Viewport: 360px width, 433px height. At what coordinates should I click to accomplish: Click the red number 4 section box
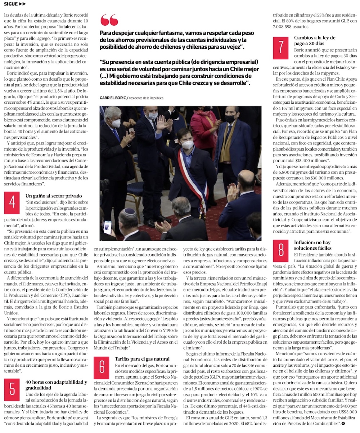12,203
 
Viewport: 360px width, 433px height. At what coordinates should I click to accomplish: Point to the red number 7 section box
281,48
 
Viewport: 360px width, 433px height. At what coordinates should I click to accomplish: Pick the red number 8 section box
281,250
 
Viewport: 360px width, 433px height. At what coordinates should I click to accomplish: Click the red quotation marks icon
109,20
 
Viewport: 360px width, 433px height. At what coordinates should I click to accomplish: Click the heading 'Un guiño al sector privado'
54,196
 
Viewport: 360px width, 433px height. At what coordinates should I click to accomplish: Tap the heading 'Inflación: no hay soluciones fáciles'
312,245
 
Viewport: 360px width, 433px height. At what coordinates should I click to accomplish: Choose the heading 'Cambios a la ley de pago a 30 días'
314,40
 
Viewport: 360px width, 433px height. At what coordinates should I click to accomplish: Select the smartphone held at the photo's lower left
107,227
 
